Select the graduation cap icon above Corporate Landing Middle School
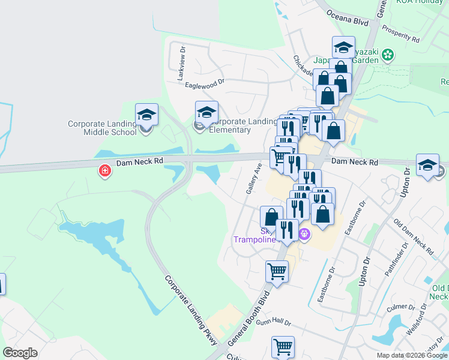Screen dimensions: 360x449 pyautogui.click(x=146, y=114)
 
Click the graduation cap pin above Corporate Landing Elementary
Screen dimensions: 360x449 pyautogui.click(x=206, y=112)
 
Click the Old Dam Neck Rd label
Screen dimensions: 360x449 pyautogui.click(x=413, y=236)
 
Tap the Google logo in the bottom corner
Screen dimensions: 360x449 pyautogui.click(x=20, y=353)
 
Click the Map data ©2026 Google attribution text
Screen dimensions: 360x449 pyautogui.click(x=411, y=355)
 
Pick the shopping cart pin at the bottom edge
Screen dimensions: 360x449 pyautogui.click(x=283, y=347)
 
